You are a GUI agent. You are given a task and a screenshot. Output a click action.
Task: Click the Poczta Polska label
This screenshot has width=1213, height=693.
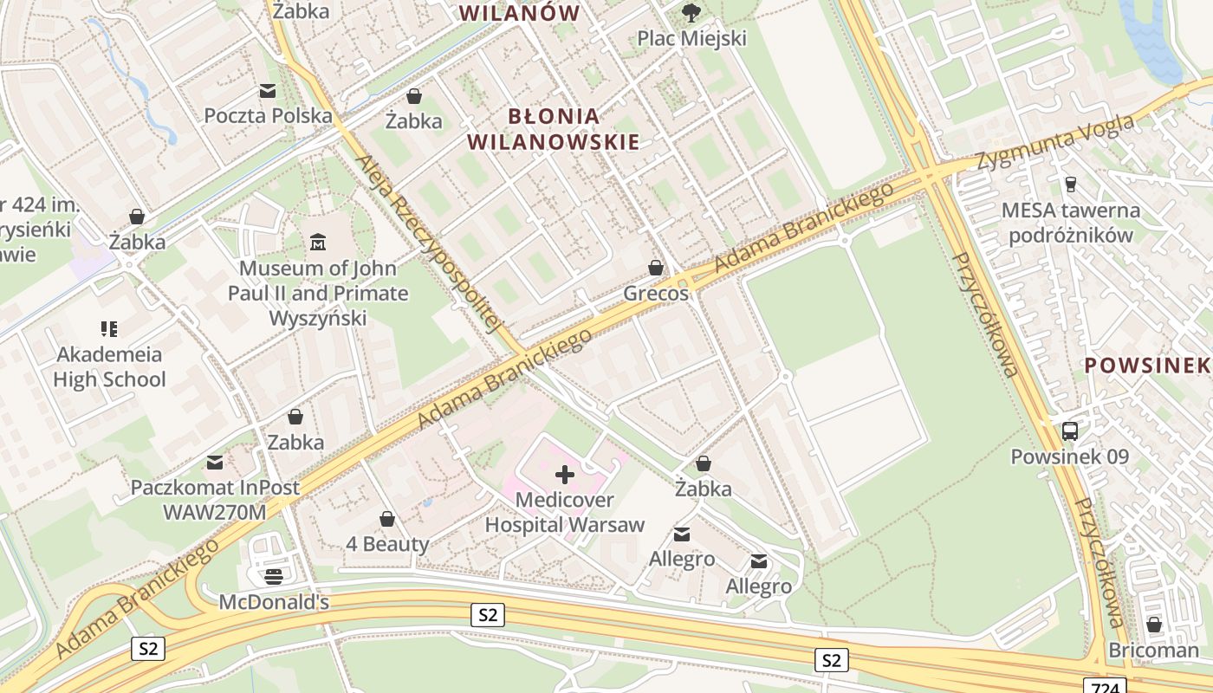(x=268, y=115)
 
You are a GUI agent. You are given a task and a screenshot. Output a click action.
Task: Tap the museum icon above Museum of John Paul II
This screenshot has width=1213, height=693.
(x=318, y=242)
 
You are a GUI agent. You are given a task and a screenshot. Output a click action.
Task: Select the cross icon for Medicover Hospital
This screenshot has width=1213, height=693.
(x=564, y=474)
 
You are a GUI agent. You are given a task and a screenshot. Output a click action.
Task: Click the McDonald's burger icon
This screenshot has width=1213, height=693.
(x=274, y=576)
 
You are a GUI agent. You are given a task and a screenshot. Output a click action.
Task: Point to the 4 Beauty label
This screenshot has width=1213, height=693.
(x=387, y=544)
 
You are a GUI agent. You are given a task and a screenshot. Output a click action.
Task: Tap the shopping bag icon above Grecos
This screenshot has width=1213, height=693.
(x=656, y=268)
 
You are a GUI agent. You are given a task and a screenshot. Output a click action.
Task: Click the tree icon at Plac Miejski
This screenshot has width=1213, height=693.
(x=691, y=12)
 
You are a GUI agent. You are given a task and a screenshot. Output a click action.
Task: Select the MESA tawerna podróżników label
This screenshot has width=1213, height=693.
(x=1070, y=223)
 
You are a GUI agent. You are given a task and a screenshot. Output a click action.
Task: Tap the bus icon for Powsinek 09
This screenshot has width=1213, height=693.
(x=1070, y=431)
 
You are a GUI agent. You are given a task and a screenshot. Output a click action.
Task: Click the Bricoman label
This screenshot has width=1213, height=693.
(x=1153, y=650)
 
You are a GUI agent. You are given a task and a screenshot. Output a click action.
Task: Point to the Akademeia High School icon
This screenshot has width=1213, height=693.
(x=109, y=328)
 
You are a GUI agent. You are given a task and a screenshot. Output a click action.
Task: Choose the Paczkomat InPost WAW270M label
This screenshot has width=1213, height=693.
(x=215, y=500)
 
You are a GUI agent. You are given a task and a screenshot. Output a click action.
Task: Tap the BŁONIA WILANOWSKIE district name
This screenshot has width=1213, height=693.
(x=553, y=129)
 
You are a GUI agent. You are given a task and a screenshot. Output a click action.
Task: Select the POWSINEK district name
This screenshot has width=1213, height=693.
(x=1147, y=366)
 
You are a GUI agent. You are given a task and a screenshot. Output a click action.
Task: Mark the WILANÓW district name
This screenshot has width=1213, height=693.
(x=518, y=13)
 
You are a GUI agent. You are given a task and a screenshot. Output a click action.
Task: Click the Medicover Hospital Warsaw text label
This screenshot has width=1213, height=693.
(x=564, y=512)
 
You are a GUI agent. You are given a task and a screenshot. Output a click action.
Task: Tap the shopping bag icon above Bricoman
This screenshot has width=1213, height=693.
(x=1153, y=624)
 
